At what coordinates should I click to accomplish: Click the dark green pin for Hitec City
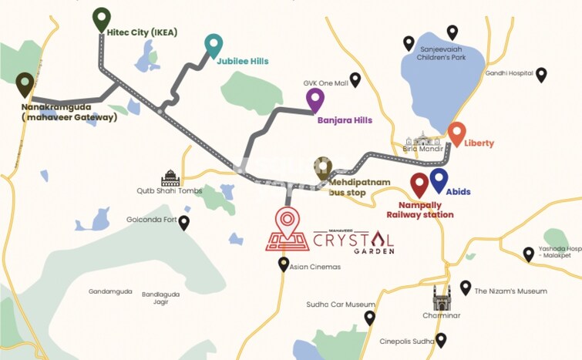click(101, 19)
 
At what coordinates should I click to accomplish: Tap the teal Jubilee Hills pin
click(214, 45)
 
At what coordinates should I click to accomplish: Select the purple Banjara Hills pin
click(315, 99)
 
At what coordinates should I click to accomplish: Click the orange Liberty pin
click(456, 133)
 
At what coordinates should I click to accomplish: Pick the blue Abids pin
click(439, 180)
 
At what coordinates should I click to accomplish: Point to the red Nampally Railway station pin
click(419, 184)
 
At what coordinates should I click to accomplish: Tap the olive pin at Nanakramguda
click(25, 84)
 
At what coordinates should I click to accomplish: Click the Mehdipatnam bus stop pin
click(323, 168)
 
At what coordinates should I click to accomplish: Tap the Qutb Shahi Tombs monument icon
click(170, 179)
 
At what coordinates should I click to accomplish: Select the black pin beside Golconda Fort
click(184, 222)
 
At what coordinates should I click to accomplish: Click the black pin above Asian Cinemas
click(284, 264)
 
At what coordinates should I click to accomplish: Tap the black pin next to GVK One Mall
click(355, 79)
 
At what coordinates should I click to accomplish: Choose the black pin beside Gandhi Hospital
click(541, 74)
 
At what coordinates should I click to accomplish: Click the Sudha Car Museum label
click(340, 304)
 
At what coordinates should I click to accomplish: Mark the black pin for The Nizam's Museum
click(466, 288)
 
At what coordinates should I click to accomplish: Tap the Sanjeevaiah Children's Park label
click(441, 52)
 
